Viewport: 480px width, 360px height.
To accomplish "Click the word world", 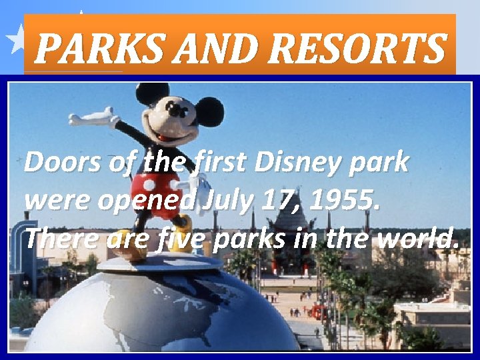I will tap(418, 237).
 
